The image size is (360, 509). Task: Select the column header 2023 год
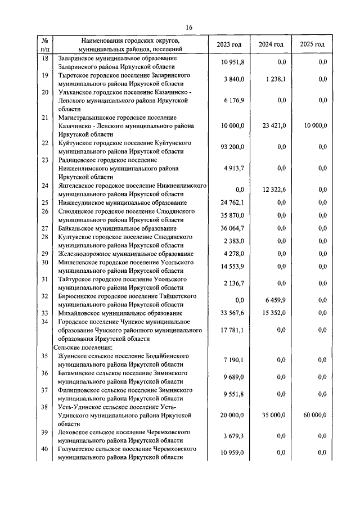point(229,44)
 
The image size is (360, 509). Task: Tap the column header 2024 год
point(271,44)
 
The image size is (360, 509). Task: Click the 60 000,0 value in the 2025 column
point(315,415)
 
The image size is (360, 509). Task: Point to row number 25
point(45,202)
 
